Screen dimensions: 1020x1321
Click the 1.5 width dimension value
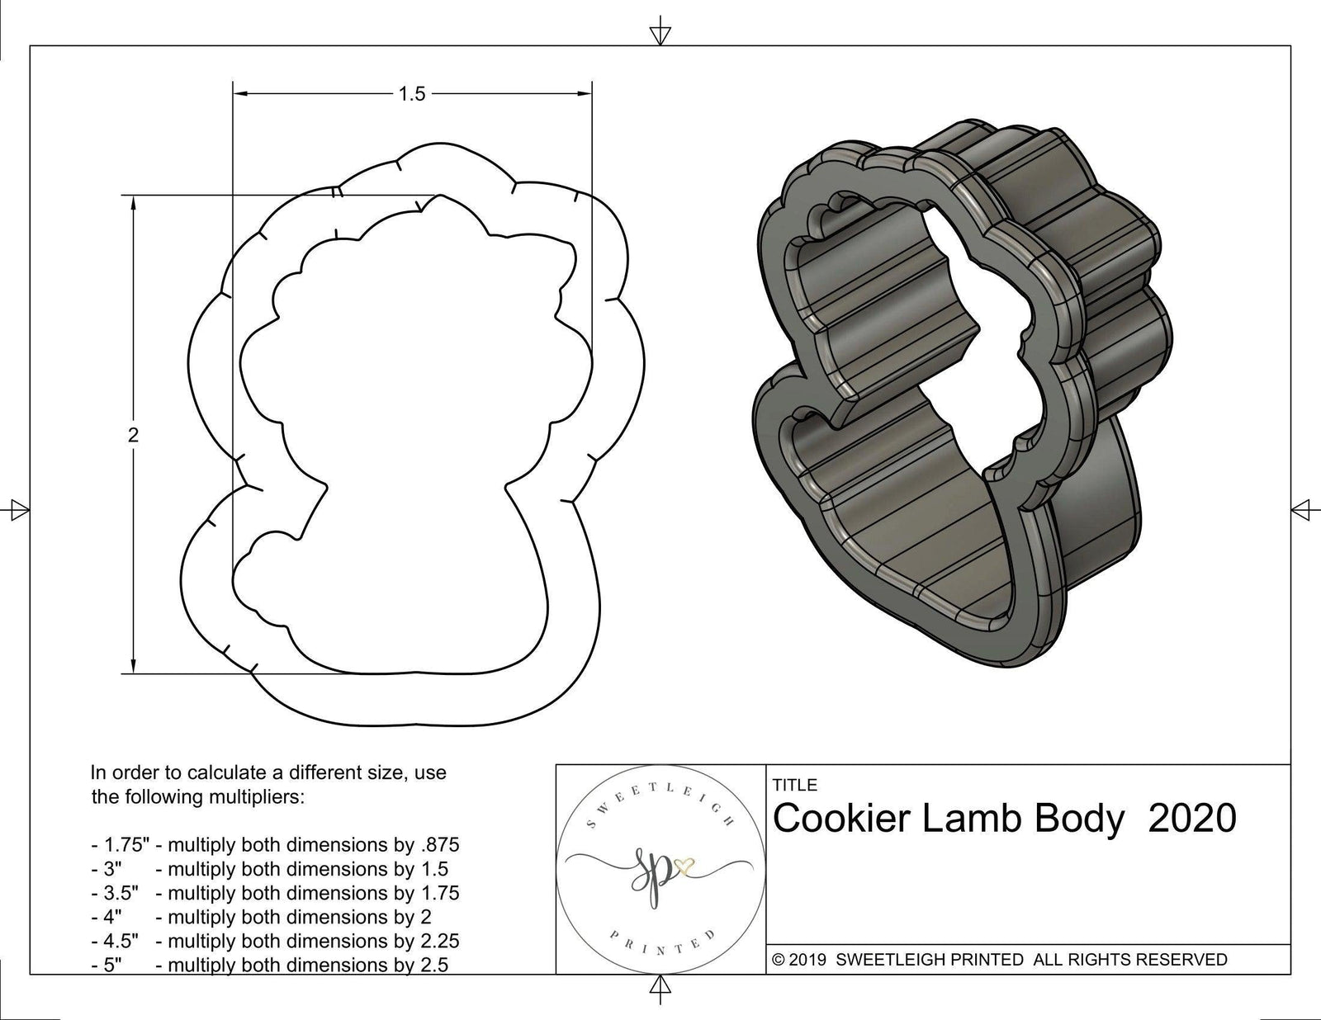(x=411, y=94)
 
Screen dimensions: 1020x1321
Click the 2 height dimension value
(x=134, y=435)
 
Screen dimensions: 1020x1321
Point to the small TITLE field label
(x=794, y=785)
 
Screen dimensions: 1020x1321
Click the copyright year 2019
(x=810, y=960)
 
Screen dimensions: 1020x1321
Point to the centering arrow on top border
(x=660, y=34)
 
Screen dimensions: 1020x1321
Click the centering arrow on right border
(x=1303, y=509)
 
